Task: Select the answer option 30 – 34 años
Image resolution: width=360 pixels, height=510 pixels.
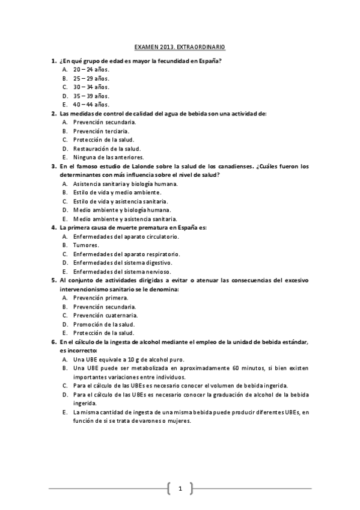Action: [91, 87]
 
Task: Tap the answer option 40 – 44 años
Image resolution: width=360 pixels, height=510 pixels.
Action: [91, 104]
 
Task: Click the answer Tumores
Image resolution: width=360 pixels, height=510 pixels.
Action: [86, 245]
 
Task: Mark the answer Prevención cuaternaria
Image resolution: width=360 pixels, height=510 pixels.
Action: [105, 315]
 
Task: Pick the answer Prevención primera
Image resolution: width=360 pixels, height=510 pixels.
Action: [100, 298]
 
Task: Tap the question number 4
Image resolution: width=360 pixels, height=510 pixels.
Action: [53, 227]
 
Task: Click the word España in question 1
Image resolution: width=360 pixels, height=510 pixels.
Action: [208, 60]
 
